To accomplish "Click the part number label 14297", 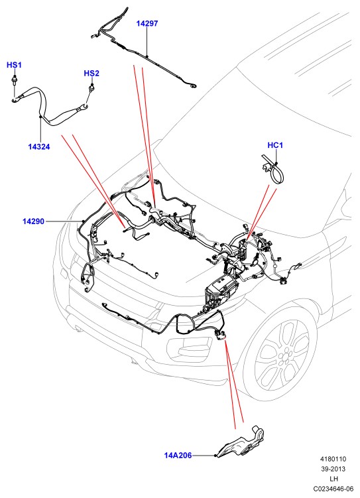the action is click(x=147, y=23).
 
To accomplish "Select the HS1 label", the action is click(x=14, y=65).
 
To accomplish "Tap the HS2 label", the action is click(x=91, y=74).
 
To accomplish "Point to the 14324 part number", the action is click(x=39, y=147).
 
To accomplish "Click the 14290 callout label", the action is click(x=33, y=221).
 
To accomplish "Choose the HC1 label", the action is click(x=275, y=145).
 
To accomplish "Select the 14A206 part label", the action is click(x=178, y=456).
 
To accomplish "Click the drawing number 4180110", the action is click(x=333, y=459).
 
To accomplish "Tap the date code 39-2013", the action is click(x=333, y=469).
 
